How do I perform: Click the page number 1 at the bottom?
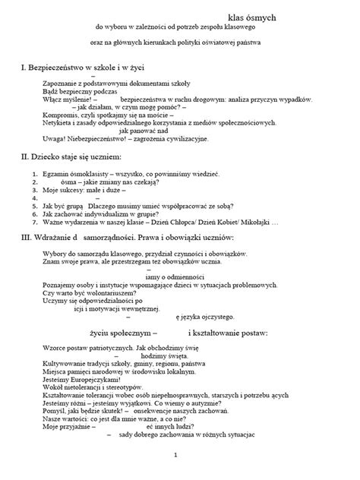coord(175,456)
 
